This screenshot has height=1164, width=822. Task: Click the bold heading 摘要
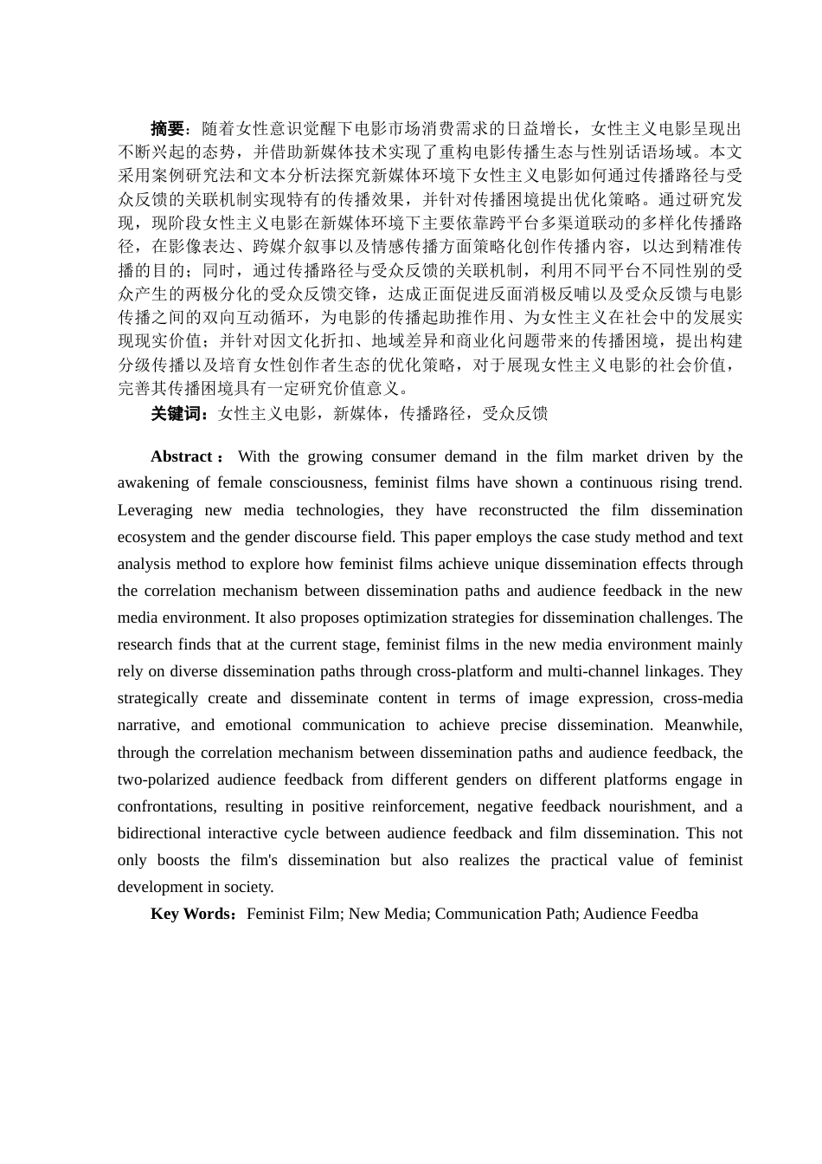click(x=167, y=129)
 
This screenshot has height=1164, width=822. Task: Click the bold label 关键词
click(x=176, y=414)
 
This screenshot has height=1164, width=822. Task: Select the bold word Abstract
click(x=182, y=456)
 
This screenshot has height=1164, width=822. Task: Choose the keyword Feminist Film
click(x=293, y=914)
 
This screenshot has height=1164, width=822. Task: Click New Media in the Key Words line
click(x=388, y=914)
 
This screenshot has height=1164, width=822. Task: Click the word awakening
click(x=153, y=482)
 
